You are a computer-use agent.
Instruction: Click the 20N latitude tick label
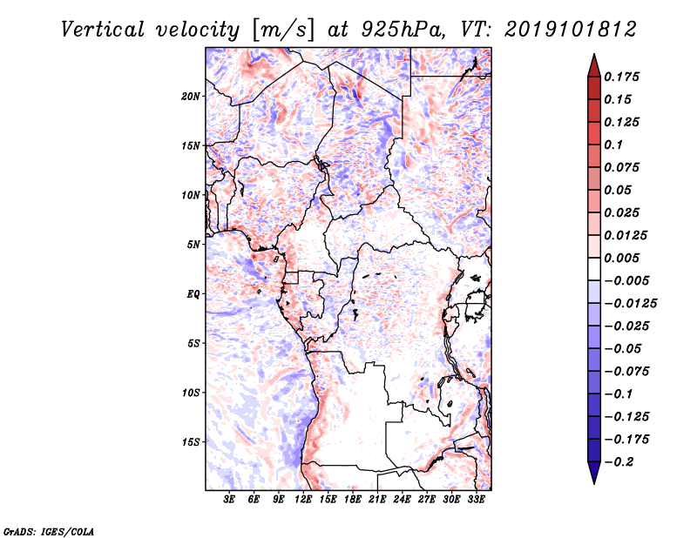click(x=191, y=96)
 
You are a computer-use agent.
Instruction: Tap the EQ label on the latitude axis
click(x=193, y=294)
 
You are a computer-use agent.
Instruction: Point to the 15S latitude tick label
click(x=191, y=442)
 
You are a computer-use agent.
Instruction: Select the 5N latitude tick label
click(x=193, y=245)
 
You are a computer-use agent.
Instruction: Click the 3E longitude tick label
click(x=230, y=501)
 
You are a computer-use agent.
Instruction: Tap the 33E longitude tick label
click(x=476, y=501)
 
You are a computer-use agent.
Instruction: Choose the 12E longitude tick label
click(x=303, y=501)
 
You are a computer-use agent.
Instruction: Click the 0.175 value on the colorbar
click(x=624, y=77)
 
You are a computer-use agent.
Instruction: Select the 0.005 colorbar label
click(x=624, y=258)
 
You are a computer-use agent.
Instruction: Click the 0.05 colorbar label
click(x=619, y=190)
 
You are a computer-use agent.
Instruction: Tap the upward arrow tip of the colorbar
click(x=593, y=57)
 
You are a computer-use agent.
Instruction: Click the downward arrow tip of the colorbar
click(x=593, y=481)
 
